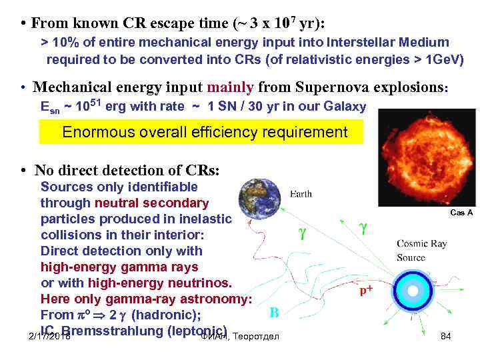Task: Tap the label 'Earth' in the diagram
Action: pos(301,194)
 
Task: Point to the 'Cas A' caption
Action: pos(461,212)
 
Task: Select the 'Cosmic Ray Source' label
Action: pos(421,251)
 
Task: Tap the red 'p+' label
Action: pos(366,290)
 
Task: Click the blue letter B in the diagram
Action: pos(273,311)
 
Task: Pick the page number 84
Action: pos(446,336)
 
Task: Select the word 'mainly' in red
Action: pos(231,87)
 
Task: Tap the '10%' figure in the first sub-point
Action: pos(65,43)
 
